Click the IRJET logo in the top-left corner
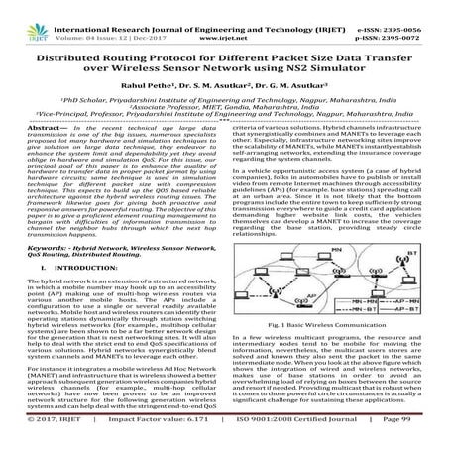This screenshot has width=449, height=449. pos(20,17)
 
